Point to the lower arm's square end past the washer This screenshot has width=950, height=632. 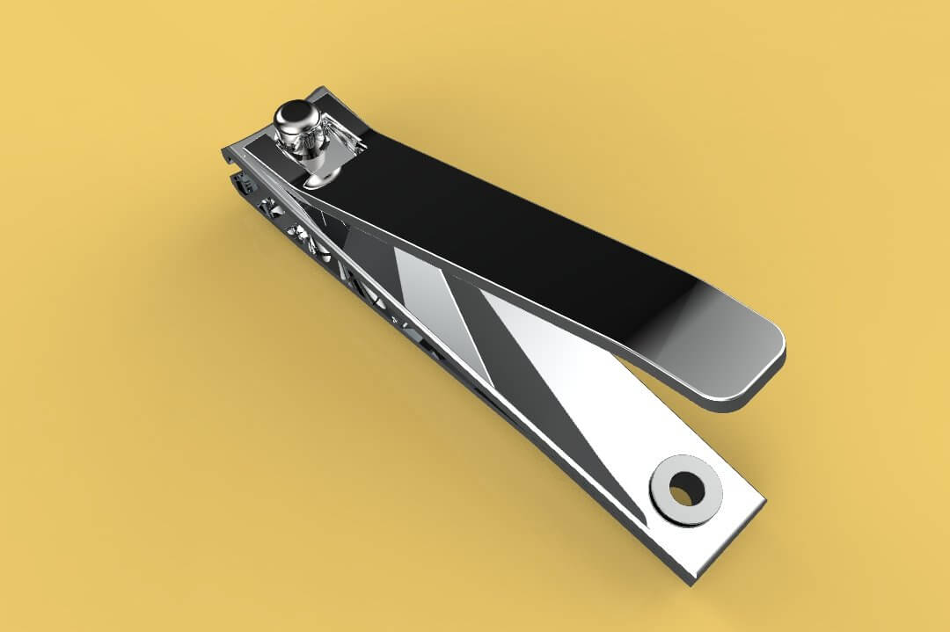click(734, 527)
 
